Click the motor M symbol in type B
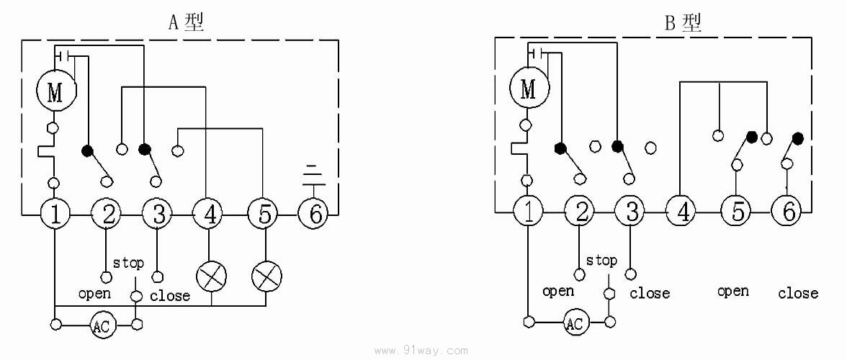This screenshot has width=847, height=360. coord(529,89)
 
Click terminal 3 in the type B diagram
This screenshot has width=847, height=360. coord(631,212)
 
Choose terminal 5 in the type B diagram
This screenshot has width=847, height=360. coord(737,212)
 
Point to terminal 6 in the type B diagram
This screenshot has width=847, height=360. coord(786,212)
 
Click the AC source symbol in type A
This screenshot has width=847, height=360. coord(102,326)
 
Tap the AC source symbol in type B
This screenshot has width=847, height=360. coord(574,323)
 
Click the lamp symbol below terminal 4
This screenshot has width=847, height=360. coord(211,276)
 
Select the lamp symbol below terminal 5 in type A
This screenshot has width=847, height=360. coord(266,276)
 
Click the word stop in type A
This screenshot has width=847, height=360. coord(128,264)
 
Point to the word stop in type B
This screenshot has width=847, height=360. coord(601,261)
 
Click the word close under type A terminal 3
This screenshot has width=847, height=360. coord(170,296)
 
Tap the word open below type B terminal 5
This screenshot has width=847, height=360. coord(732,292)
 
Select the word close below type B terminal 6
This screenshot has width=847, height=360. coord(798,293)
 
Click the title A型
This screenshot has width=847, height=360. coord(186,22)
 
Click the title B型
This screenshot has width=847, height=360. coord(682,23)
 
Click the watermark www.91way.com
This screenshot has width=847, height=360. coord(422,351)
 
